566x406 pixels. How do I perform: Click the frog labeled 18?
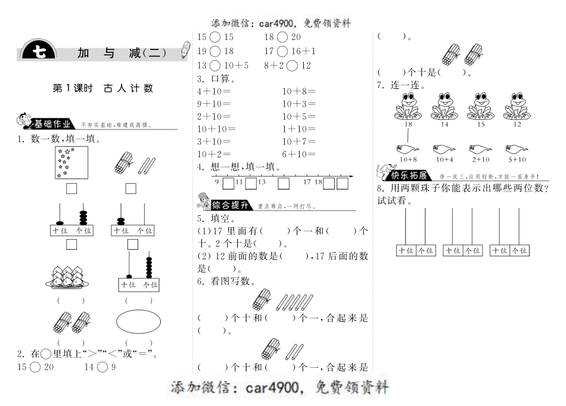point(409,106)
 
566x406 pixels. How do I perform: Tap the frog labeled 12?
point(516,106)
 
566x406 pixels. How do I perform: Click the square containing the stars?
point(71,163)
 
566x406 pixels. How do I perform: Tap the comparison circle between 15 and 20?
point(33,367)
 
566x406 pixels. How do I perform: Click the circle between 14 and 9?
point(102,367)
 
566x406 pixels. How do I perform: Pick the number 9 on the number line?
point(217,181)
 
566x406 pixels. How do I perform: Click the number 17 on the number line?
point(307,181)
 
